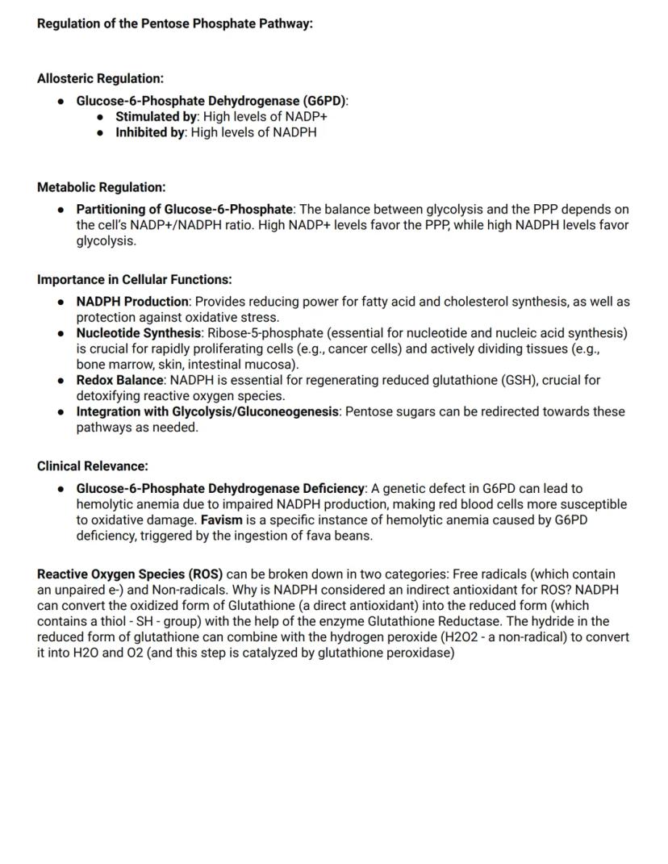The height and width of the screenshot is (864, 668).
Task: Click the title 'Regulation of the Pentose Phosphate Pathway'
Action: pyautogui.click(x=174, y=23)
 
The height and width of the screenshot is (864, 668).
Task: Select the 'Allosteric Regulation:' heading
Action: pyautogui.click(x=100, y=78)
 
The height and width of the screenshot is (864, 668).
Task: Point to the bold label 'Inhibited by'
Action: pyautogui.click(x=150, y=132)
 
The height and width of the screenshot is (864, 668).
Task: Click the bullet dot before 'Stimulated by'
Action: pyautogui.click(x=100, y=117)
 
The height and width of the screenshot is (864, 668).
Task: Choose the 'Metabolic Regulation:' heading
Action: pyautogui.click(x=101, y=187)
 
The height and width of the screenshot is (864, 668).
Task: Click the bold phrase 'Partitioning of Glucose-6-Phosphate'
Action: pyautogui.click(x=184, y=209)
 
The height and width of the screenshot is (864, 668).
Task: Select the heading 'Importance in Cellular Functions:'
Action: pyautogui.click(x=134, y=279)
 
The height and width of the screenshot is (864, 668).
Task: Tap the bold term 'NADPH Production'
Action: pyautogui.click(x=132, y=302)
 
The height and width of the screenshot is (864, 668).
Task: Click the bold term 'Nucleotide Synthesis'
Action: pyautogui.click(x=138, y=333)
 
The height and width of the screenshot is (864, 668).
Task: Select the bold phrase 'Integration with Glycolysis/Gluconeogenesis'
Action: pyautogui.click(x=207, y=411)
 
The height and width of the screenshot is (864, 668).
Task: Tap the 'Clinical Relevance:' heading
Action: pyautogui.click(x=92, y=465)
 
